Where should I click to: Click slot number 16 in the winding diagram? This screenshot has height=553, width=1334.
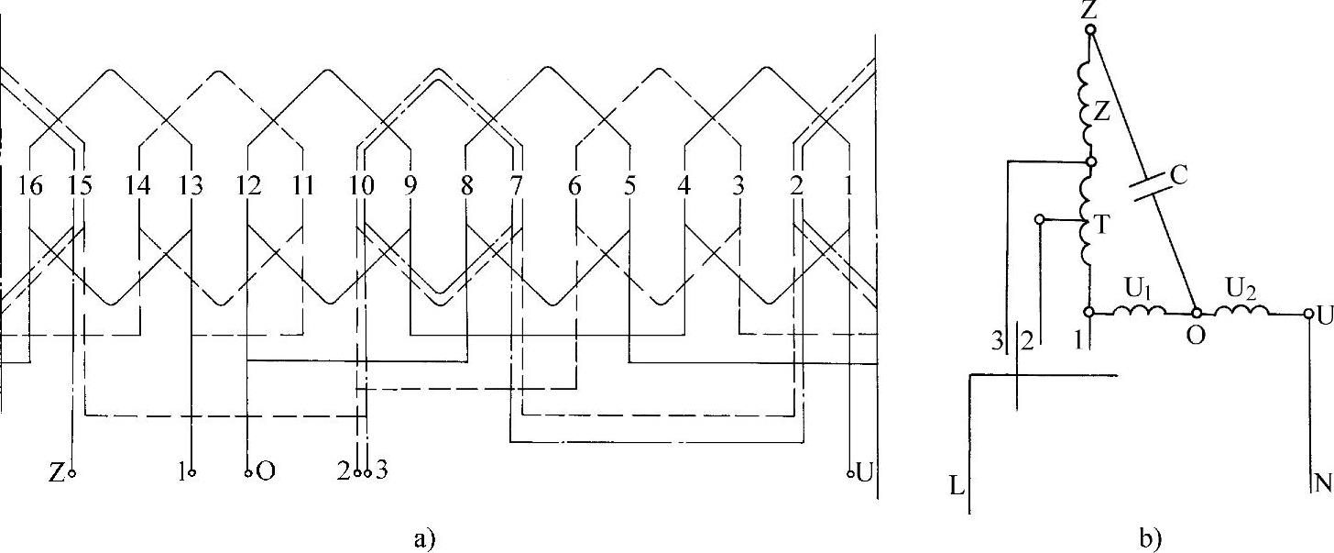pos(30,186)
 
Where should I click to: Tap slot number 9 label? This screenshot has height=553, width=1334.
pos(410,186)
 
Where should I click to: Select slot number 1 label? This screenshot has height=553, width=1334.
pos(848,186)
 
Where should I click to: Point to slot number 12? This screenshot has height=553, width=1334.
pos(248,186)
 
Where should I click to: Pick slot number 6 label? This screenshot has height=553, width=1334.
pos(574,186)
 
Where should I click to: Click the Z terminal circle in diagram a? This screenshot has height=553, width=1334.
pos(71,474)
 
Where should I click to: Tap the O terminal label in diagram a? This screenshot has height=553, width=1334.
pos(266,472)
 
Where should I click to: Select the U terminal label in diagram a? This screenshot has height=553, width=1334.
pos(864,473)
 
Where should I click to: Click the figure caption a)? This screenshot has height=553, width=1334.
pos(424,538)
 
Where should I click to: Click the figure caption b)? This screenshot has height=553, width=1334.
pos(1151,538)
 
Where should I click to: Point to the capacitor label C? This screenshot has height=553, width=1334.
pos(1178,175)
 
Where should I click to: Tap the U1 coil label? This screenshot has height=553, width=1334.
pos(1138,290)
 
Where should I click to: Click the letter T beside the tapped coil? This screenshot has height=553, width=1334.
pos(1102,225)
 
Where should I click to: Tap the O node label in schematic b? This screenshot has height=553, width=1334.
pos(1196,336)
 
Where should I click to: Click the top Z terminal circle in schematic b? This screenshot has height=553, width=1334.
pos(1090,28)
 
